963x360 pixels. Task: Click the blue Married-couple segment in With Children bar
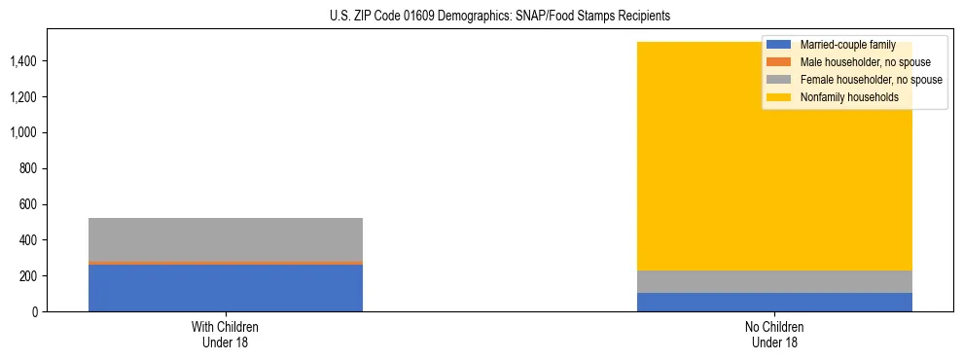point(225,288)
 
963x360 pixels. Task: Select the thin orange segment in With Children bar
point(225,263)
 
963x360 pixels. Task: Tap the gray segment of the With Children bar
point(225,239)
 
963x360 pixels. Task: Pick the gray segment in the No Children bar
point(774,281)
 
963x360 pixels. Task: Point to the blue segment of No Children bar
point(774,302)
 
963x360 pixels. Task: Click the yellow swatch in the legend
point(779,97)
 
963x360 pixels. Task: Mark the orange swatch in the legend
point(779,62)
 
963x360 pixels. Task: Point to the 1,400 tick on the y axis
point(22,61)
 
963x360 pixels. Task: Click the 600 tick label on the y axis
point(28,204)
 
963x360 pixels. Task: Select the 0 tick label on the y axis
point(36,311)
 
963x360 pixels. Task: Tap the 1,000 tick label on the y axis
point(22,133)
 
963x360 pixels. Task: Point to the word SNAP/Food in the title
point(561,17)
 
